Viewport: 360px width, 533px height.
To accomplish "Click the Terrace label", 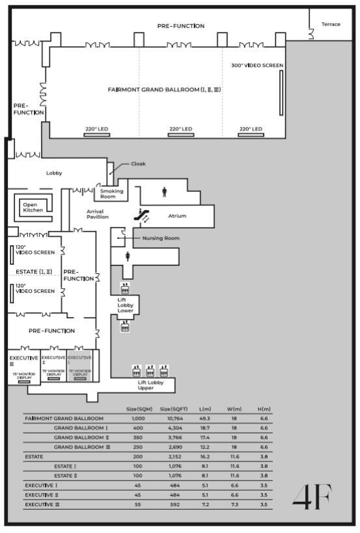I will pyautogui.click(x=331, y=24).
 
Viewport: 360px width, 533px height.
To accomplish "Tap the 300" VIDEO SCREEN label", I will pyautogui.click(x=257, y=65).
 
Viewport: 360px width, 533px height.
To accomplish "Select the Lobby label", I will pyautogui.click(x=53, y=173).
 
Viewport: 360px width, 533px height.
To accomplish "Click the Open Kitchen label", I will pyautogui.click(x=33, y=207).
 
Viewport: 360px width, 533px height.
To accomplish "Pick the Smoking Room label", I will pyautogui.click(x=111, y=194).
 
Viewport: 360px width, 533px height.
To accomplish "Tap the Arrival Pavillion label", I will pyautogui.click(x=98, y=214).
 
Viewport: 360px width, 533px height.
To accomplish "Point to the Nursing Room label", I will pyautogui.click(x=161, y=238).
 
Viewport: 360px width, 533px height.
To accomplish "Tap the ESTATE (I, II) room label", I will pyautogui.click(x=35, y=271).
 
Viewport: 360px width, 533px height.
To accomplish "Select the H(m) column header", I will pyautogui.click(x=264, y=409).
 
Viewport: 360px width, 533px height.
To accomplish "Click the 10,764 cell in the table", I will pyautogui.click(x=173, y=418).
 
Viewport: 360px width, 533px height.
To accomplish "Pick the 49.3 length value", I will pyautogui.click(x=204, y=418).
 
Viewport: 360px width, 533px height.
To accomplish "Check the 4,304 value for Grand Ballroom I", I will pyautogui.click(x=173, y=428).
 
